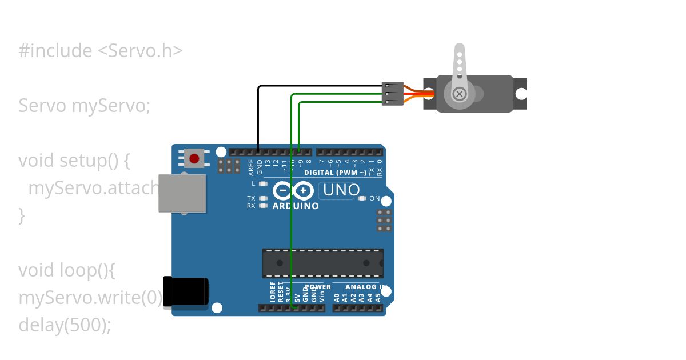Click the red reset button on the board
click(194, 158)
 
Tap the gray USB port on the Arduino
click(182, 194)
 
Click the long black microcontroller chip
click(322, 263)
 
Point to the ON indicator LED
click(361, 198)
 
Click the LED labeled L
click(263, 183)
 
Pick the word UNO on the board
click(341, 190)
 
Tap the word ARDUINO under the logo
click(296, 206)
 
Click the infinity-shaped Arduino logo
click(293, 190)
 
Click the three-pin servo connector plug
click(392, 94)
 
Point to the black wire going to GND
click(258, 114)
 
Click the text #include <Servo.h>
click(101, 51)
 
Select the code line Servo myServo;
click(85, 106)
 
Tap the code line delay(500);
click(65, 325)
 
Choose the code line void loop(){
click(67, 270)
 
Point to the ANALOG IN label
click(366, 286)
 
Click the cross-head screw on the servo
click(459, 94)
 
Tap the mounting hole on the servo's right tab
click(520, 94)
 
